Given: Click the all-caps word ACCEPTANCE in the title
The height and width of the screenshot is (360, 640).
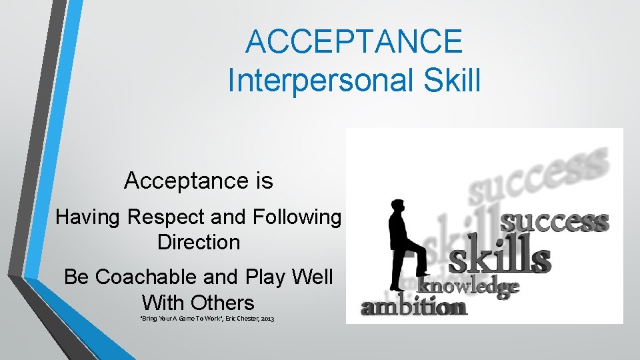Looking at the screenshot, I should [353, 41].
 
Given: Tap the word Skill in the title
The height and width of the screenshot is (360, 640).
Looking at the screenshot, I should [446, 80].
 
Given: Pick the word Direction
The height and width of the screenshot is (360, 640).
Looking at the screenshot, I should [199, 242].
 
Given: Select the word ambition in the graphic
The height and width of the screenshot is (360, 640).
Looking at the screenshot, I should [414, 307].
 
